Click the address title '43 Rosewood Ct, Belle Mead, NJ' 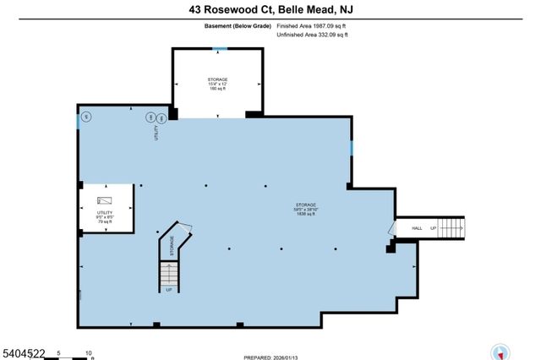[270, 10]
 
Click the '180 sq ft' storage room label [218, 88]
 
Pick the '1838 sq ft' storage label [305, 215]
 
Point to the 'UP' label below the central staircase [170, 289]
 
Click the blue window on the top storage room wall [218, 49]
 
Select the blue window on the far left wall [78, 120]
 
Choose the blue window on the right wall [352, 149]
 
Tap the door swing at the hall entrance [391, 229]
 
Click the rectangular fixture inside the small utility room [104, 199]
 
